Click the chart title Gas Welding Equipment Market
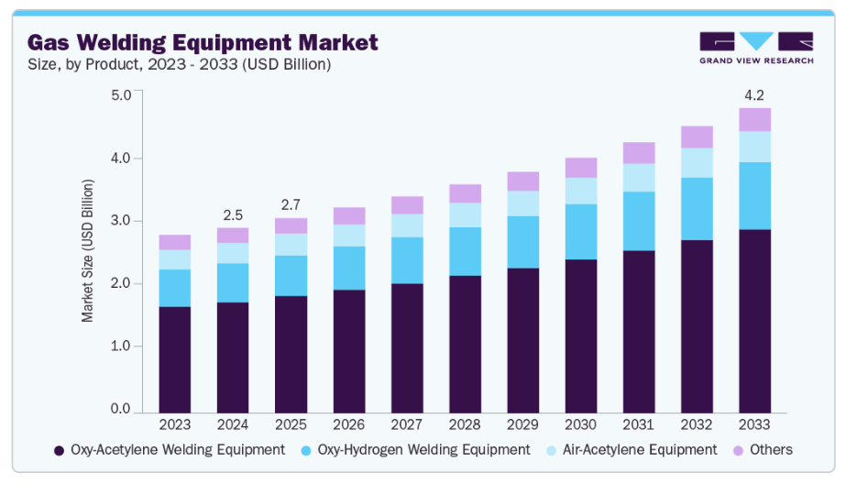(202, 42)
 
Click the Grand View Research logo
(755, 48)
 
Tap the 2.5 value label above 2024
(233, 215)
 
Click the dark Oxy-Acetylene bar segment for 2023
(174, 358)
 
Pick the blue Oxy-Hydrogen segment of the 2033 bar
(754, 195)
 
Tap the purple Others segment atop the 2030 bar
(580, 168)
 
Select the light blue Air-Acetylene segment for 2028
(465, 215)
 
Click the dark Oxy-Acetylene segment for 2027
(407, 347)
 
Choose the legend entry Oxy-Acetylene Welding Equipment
(170, 450)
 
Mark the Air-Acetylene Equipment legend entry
(632, 450)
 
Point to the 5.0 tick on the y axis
(120, 94)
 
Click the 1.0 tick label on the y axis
(120, 346)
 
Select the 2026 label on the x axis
(348, 425)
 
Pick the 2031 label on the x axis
(639, 425)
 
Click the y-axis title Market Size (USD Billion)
(88, 251)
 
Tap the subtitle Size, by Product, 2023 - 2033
(179, 64)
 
